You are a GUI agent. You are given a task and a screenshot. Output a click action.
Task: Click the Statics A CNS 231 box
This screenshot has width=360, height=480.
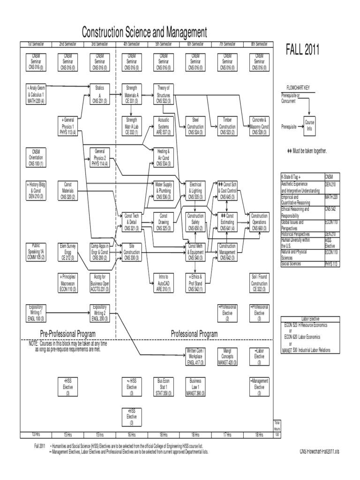(x=99, y=94)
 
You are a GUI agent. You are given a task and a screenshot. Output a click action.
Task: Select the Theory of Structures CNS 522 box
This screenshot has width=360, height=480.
(x=164, y=94)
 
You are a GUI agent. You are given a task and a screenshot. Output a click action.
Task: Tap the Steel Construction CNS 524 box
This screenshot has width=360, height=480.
(x=195, y=126)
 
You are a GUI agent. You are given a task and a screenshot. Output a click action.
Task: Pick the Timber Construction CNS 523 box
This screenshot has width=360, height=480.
(x=227, y=126)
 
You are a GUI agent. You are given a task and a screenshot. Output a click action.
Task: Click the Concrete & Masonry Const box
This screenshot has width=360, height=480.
(x=259, y=126)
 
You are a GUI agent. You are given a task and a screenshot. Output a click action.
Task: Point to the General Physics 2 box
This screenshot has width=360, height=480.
(x=99, y=158)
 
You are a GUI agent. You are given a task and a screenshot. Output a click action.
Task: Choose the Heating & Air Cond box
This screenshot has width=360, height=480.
(x=164, y=158)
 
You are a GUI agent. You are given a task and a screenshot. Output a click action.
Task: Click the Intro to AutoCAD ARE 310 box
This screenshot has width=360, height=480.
(x=164, y=283)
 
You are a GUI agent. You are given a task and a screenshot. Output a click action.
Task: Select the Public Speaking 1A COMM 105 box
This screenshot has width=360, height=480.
(x=36, y=251)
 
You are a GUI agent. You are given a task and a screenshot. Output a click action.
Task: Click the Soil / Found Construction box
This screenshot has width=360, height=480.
(x=259, y=283)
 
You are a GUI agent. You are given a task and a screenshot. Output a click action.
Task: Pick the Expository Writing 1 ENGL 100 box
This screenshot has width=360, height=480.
(x=36, y=313)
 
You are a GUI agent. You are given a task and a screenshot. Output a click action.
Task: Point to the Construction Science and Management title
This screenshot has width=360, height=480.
(x=144, y=33)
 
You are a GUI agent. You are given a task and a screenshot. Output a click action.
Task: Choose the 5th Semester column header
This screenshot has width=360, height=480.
(x=164, y=44)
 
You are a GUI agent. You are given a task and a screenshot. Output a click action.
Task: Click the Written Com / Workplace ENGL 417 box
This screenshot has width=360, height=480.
(x=195, y=355)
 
